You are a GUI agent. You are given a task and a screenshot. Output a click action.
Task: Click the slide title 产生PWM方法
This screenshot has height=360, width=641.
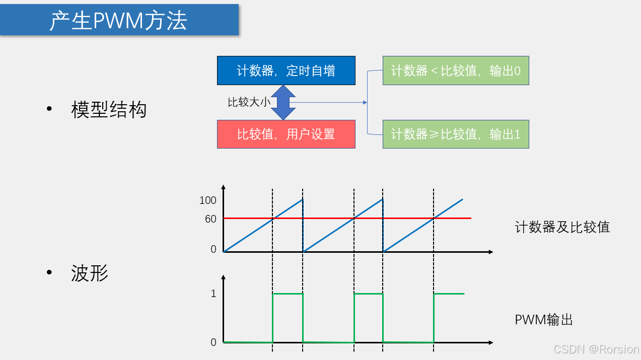click(x=118, y=21)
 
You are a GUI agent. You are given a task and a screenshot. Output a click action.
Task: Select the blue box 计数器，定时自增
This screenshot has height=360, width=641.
click(x=286, y=70)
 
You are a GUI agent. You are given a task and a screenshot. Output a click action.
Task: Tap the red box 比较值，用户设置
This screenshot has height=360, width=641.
click(x=286, y=134)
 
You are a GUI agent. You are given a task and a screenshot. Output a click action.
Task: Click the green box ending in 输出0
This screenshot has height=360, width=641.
click(x=456, y=70)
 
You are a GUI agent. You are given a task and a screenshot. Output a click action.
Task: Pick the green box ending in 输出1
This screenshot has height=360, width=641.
click(x=456, y=134)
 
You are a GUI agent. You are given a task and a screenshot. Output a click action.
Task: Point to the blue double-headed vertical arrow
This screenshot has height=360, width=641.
click(x=283, y=102)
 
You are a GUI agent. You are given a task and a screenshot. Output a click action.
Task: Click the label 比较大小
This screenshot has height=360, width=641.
click(x=249, y=102)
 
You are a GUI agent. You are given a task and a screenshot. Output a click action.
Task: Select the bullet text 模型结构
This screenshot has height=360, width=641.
click(x=109, y=110)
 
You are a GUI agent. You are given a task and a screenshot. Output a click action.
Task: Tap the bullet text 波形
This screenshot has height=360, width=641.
click(x=90, y=273)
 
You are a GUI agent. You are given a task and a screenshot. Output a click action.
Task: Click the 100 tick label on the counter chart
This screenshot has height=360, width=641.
click(x=207, y=200)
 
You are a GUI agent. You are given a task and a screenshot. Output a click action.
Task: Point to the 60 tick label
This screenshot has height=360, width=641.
click(x=210, y=219)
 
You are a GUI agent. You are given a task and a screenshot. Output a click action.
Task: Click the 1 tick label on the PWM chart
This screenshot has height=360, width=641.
click(x=213, y=294)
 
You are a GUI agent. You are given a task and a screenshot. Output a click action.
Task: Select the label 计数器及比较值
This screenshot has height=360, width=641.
click(x=562, y=227)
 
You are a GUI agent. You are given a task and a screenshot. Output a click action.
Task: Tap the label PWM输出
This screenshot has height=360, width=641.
click(x=544, y=320)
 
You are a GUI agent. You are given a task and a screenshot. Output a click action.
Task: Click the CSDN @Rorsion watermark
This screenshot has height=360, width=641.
click(x=596, y=349)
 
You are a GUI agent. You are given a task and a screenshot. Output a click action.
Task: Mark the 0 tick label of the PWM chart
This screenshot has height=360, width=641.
click(x=213, y=342)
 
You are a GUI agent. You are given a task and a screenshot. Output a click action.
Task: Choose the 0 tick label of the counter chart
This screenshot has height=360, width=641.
click(x=213, y=250)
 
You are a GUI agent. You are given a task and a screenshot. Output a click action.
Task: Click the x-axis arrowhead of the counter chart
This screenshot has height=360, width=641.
click(x=490, y=252)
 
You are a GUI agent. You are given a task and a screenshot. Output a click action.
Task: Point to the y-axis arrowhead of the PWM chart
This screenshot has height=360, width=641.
click(x=223, y=278)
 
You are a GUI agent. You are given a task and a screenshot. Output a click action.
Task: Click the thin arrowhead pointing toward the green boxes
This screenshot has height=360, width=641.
click(x=365, y=103)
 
